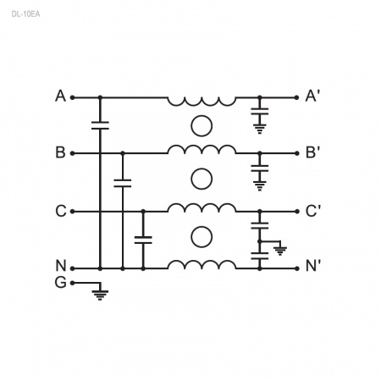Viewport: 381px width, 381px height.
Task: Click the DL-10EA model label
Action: point(25,14)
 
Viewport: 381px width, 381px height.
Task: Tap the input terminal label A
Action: point(60,96)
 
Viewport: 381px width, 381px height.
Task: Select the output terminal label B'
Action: point(312,152)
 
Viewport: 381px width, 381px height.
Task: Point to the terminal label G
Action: point(61,282)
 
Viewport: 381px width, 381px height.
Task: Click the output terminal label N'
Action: point(312,266)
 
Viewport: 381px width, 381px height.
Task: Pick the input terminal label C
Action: point(61,211)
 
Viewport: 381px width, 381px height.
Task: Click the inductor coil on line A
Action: point(202,102)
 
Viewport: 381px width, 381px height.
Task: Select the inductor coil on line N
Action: point(202,265)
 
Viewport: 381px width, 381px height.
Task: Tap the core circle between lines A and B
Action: point(202,126)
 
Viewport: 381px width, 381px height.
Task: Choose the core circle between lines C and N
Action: point(202,237)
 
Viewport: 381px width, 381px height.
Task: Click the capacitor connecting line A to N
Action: point(100,125)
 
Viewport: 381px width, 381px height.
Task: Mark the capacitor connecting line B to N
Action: point(123,183)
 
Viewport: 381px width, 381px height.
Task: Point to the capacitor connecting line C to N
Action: point(143,240)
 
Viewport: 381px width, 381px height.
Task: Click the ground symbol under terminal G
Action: point(100,295)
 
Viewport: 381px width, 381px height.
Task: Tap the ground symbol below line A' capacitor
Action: point(260,129)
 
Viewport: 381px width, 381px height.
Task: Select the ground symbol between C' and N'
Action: point(280,251)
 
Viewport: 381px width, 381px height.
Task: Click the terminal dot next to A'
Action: point(296,97)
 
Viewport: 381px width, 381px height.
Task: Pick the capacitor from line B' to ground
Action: point(260,168)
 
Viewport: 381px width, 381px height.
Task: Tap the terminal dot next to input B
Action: point(72,153)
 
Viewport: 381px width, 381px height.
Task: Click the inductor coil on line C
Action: point(202,207)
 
